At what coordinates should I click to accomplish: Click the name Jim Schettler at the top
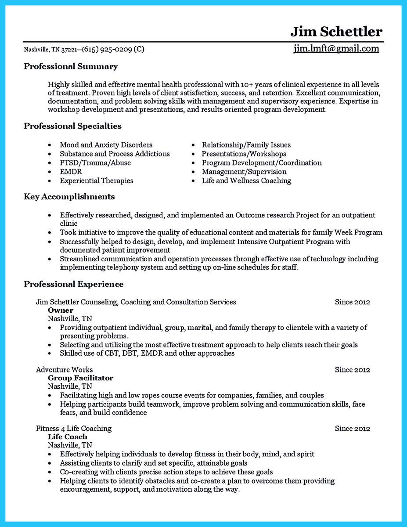point(336,32)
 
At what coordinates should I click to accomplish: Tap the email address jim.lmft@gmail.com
point(336,49)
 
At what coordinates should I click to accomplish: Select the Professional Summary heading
point(71,67)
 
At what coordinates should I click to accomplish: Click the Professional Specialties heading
point(72,126)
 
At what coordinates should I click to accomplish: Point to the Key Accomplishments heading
point(69,197)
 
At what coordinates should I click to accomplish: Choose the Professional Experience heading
point(73,284)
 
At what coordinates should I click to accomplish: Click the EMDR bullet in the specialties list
point(71,172)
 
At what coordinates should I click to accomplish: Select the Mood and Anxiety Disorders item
point(106,145)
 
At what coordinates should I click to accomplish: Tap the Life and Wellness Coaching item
point(246,180)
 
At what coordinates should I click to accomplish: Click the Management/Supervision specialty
point(244,172)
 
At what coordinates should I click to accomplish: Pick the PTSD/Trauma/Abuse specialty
point(95,163)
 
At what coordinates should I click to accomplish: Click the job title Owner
point(61,310)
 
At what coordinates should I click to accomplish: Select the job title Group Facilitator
point(80,378)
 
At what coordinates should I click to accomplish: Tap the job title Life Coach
point(67,437)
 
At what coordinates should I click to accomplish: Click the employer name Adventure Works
point(64,370)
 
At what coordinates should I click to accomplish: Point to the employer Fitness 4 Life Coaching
point(74,429)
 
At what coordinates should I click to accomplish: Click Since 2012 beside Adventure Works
point(352,370)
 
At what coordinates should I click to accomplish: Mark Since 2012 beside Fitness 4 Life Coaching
point(352,429)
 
